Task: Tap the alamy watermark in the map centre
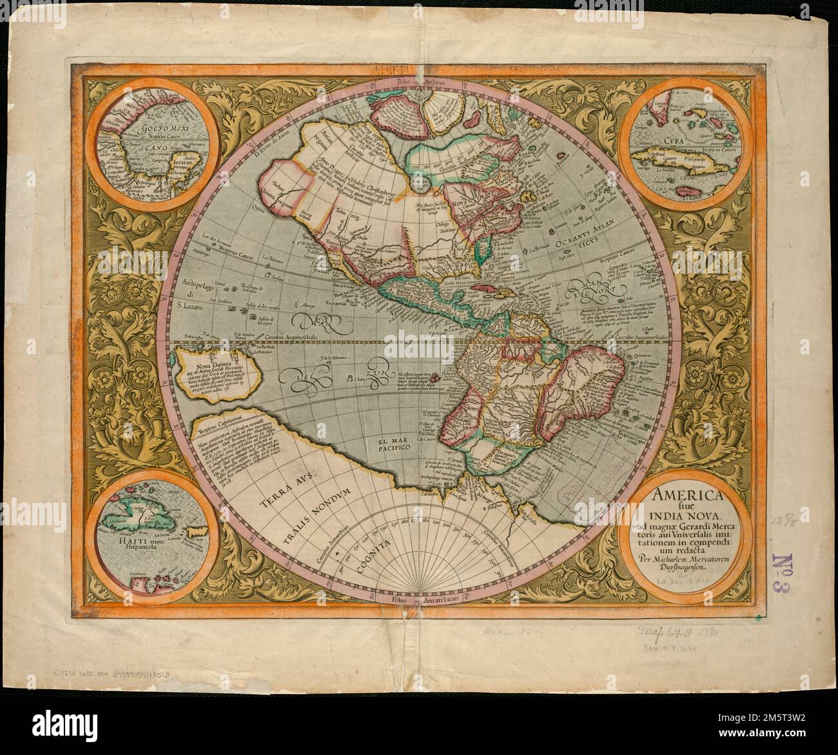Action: (x=419, y=349)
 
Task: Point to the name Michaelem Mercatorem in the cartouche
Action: (x=685, y=558)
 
